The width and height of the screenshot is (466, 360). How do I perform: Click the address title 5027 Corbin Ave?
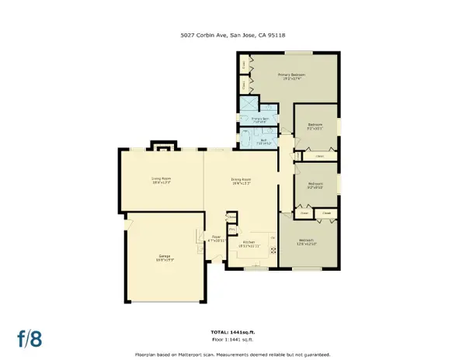click(233, 33)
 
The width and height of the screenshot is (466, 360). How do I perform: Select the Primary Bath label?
click(259, 120)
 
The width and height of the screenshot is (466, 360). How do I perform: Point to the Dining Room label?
click(242, 182)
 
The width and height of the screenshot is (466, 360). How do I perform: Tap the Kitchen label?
click(249, 244)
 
